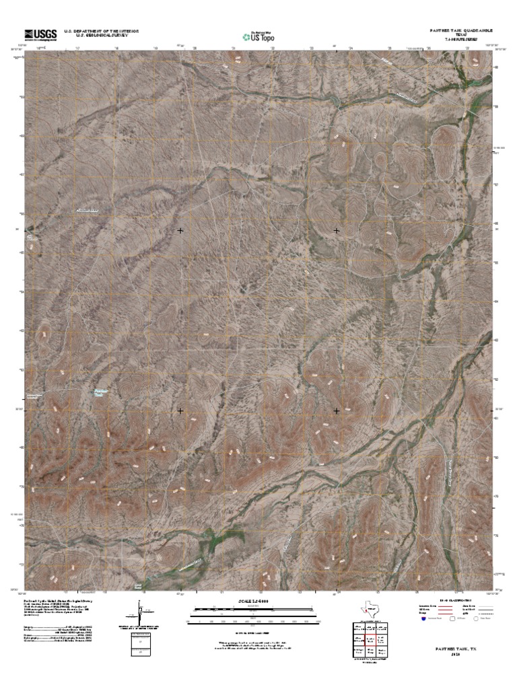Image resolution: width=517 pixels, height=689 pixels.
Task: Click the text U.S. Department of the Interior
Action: coord(101,31)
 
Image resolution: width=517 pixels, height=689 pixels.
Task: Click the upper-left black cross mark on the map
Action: coord(180,231)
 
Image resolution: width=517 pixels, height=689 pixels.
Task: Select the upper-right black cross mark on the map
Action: coord(337,231)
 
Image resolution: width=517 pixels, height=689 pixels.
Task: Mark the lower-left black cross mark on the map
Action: coord(180,410)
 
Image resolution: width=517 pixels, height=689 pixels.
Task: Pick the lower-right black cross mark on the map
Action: coord(337,410)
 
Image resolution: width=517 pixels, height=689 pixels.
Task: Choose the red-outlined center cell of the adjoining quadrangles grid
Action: coord(369,640)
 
